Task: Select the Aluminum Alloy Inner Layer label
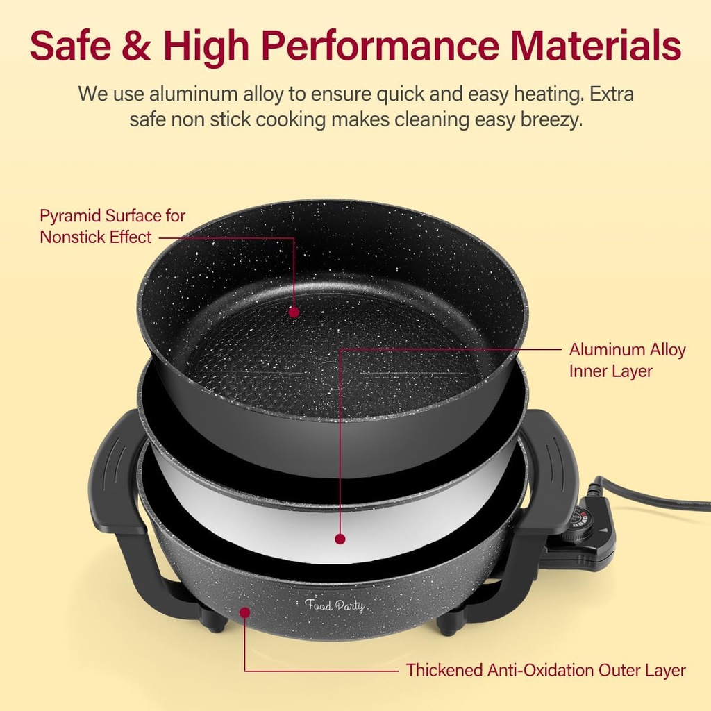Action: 627,360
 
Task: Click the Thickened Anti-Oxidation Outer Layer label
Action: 546,670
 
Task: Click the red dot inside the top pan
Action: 294,312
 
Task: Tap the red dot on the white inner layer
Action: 340,538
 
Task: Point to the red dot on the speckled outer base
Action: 244,612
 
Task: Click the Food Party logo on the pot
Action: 335,605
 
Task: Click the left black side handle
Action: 115,479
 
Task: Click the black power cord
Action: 653,494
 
